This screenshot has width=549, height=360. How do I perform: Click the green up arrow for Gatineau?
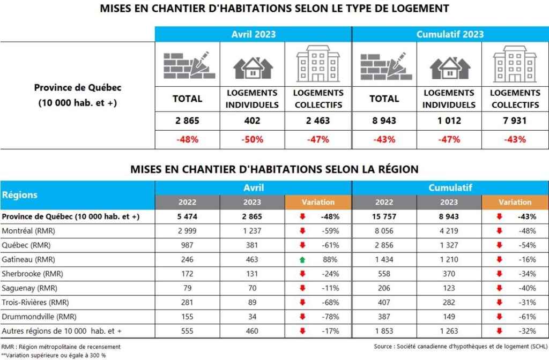[x=302, y=259]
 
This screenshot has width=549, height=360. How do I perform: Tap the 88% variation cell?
[x=330, y=259]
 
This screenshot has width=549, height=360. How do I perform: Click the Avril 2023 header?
[x=253, y=34]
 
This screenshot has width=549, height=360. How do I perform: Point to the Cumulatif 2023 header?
[x=450, y=34]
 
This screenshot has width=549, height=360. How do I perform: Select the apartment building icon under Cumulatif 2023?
[x=515, y=64]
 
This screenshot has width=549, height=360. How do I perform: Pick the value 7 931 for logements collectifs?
[x=515, y=121]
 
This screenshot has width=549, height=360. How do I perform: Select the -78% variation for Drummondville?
[x=330, y=316]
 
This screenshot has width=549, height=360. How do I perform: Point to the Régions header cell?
[x=20, y=195]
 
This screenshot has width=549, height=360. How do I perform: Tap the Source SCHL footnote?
[x=461, y=347]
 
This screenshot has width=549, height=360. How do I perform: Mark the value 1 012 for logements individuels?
[x=449, y=121]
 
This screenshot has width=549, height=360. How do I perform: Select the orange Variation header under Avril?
[x=318, y=202]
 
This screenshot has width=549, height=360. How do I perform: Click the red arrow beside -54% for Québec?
[x=499, y=245]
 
